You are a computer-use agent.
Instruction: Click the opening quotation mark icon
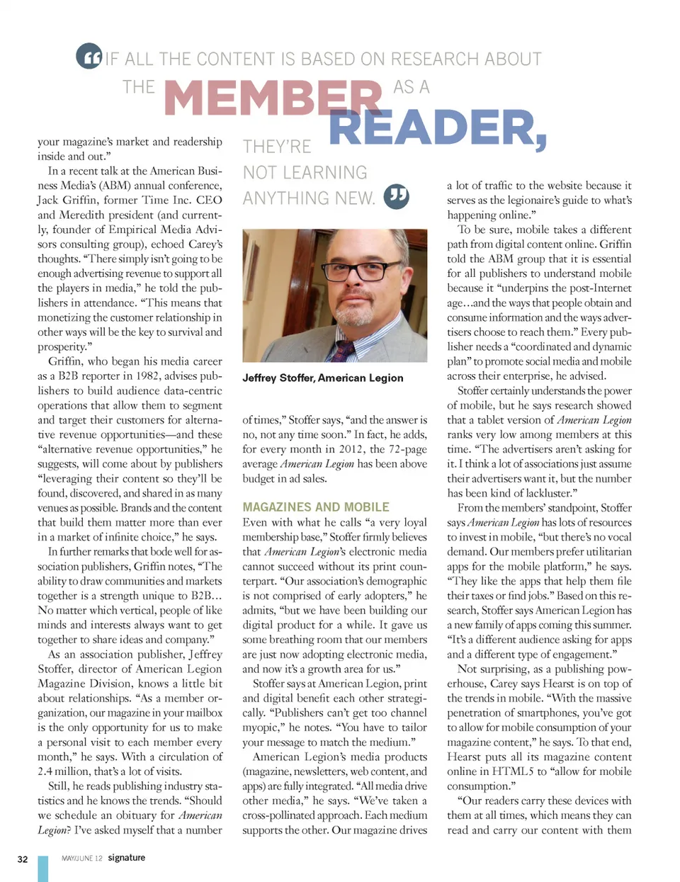coord(89,56)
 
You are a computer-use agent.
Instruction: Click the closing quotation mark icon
coord(396,196)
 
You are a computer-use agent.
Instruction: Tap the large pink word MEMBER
coord(273,97)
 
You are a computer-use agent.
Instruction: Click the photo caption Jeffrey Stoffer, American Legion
coord(323,378)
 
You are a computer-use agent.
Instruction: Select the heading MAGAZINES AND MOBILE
coord(316,507)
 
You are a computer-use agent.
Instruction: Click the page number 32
coord(23,859)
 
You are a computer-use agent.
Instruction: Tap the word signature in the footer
coord(127,857)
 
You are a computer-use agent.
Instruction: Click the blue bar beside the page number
coord(43,869)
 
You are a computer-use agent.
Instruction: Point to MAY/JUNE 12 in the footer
coord(82,858)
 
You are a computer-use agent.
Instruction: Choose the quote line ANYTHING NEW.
coord(309,198)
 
